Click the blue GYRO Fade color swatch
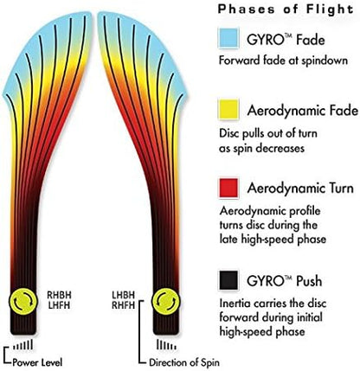click(x=228, y=38)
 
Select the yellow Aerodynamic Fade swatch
click(x=228, y=110)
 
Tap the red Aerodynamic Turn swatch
click(x=228, y=188)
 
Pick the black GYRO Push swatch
click(x=228, y=280)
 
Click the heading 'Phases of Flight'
click(x=286, y=9)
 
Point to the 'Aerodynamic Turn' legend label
click(x=300, y=189)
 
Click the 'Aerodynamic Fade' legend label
click(x=303, y=111)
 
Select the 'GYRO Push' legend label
click(x=284, y=281)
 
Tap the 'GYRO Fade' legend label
click(x=286, y=39)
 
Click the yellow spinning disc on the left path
click(x=23, y=301)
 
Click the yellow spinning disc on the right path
click(x=165, y=301)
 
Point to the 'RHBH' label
click(x=59, y=295)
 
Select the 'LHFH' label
click(x=59, y=305)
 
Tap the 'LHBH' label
click(x=124, y=295)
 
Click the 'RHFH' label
click(x=124, y=305)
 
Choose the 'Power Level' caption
click(x=37, y=362)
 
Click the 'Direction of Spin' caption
click(x=184, y=362)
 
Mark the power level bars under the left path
click(x=22, y=345)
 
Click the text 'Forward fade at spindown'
click(x=283, y=61)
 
